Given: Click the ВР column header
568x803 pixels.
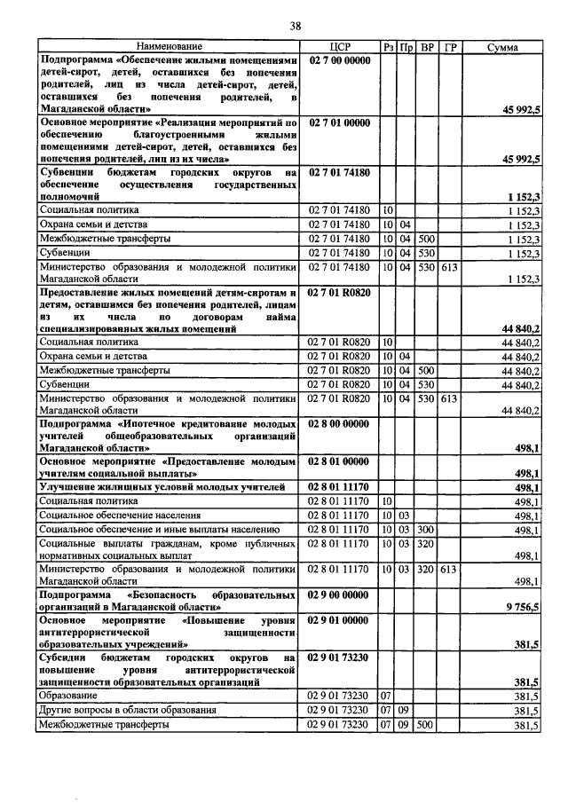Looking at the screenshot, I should (x=427, y=46).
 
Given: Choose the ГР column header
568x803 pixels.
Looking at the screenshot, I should (x=449, y=46).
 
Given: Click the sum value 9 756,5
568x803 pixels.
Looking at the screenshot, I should (x=523, y=606).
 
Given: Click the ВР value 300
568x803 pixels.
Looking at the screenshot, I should (x=426, y=530).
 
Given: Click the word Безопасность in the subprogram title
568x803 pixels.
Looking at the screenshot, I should (x=175, y=592).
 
